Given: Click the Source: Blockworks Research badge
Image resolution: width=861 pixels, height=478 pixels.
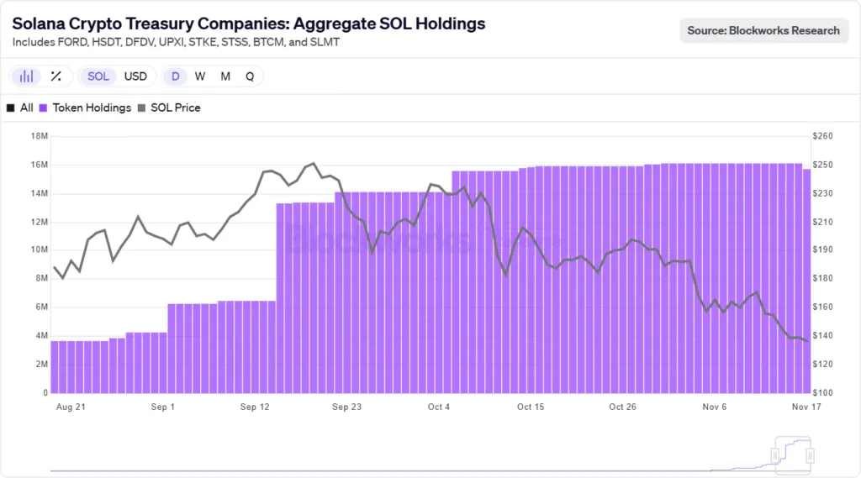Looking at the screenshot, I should (763, 30).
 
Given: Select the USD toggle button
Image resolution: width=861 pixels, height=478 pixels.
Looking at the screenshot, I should (135, 76).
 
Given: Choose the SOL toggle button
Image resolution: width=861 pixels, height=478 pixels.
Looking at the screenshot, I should (98, 76).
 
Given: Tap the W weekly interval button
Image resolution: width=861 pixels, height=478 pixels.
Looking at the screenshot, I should (200, 76).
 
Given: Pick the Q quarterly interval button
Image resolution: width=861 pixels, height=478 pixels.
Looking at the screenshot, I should (250, 76).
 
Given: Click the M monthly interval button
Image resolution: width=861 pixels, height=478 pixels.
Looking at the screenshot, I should (225, 76).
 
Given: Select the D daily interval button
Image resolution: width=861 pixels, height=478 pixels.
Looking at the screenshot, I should (176, 76).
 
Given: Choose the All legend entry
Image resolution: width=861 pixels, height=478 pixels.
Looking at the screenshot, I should (20, 108).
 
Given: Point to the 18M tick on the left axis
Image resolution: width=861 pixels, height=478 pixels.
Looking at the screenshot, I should (39, 136).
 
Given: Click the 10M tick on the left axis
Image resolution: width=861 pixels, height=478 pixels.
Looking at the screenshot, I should (39, 250).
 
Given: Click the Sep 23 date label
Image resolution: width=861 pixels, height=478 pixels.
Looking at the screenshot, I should (347, 407).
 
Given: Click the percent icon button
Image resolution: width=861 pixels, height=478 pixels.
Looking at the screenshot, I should (55, 76).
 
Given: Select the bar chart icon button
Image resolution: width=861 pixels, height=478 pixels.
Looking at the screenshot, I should (27, 76).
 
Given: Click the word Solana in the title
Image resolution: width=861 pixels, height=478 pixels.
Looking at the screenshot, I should (39, 24).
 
